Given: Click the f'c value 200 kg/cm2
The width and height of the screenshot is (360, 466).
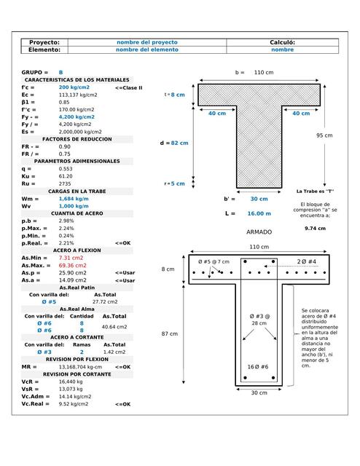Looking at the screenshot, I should [74, 87].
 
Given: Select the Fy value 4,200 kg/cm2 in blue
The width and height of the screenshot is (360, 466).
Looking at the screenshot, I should [77, 116].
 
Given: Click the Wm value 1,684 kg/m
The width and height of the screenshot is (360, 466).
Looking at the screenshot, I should [74, 199].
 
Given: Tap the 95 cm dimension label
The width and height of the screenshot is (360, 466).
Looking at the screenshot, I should [324, 135].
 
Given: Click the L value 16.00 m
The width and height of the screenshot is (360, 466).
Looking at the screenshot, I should [259, 213].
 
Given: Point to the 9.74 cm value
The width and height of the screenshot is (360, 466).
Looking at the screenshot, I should [315, 228].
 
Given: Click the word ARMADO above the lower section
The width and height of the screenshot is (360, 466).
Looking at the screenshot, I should [259, 232].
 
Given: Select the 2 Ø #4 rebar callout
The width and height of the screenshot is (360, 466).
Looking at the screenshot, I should [306, 261].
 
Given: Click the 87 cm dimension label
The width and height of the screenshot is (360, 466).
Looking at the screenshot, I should [168, 333].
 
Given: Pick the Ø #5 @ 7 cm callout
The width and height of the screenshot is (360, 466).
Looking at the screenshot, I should [214, 261].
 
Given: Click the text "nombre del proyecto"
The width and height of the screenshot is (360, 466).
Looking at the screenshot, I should [147, 43].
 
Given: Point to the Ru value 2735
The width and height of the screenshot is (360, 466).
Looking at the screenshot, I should [65, 183].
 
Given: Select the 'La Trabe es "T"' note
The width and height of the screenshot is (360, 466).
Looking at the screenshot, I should [315, 191].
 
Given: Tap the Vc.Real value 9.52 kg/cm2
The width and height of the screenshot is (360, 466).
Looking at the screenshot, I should [74, 403].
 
